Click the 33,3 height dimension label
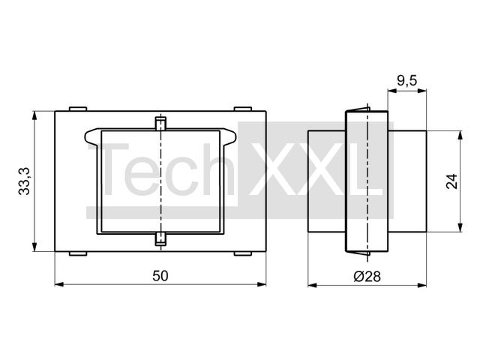tap(24, 181)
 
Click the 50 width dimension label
tap(160, 276)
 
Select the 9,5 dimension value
tap(406, 81)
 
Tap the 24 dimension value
tap(451, 181)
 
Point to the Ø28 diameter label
tap(367, 277)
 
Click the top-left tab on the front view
tap(78, 109)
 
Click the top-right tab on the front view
tap(243, 109)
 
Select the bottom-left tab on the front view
tap(78, 253)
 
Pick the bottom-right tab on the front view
tap(243, 253)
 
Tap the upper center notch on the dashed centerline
tap(160, 123)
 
